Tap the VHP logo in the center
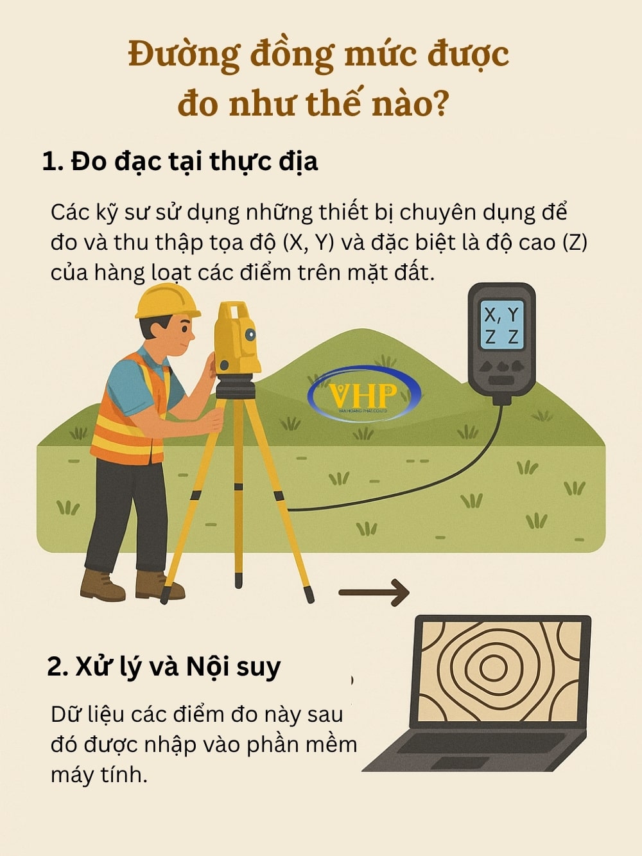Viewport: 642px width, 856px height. pos(363,394)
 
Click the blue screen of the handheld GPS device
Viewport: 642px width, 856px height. pos(501,326)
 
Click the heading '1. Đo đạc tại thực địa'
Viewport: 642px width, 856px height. pos(180,161)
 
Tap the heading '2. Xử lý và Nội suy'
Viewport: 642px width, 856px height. pos(164,667)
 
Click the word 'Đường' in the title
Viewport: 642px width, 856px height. pos(184,55)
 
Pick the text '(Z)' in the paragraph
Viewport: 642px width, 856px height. pos(575,243)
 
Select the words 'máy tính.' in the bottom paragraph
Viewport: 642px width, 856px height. pos(99,774)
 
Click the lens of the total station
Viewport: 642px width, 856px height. pos(250,335)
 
